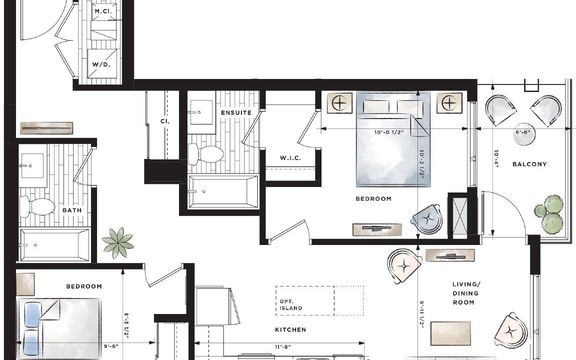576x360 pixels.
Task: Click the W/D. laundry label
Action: (x=101, y=64)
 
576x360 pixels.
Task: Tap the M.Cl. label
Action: (x=103, y=11)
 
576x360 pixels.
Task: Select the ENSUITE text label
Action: (x=236, y=112)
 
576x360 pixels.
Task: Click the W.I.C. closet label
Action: (x=290, y=158)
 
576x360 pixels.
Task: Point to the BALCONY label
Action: (x=529, y=164)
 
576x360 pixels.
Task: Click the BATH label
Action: (x=72, y=210)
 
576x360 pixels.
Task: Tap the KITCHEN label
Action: (x=290, y=329)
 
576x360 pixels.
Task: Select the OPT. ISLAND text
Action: (x=291, y=305)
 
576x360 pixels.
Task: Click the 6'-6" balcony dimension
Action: (x=522, y=132)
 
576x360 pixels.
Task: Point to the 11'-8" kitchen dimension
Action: (x=283, y=346)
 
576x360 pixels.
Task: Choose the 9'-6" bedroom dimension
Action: (x=111, y=345)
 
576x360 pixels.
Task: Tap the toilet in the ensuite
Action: (x=205, y=153)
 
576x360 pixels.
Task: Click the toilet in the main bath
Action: (x=36, y=206)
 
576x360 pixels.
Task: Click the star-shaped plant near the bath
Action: (x=118, y=242)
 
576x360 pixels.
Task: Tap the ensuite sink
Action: (x=201, y=112)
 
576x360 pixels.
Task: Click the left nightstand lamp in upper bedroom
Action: (x=339, y=103)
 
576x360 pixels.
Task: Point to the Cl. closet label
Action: (x=165, y=121)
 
